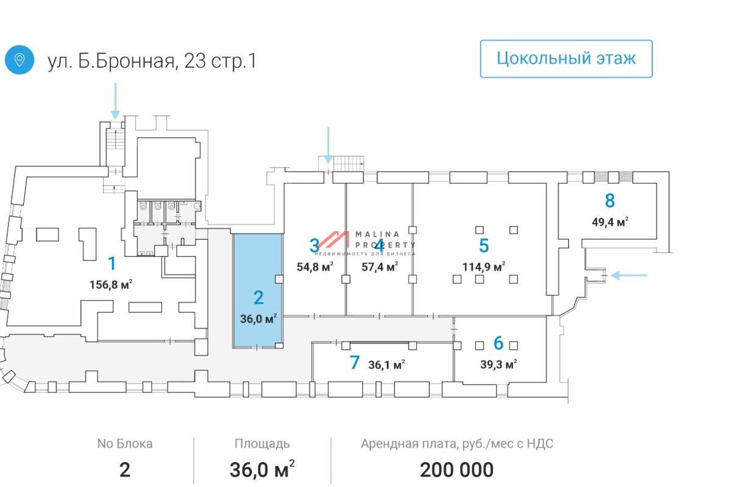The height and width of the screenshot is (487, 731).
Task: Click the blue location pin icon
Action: (19, 60)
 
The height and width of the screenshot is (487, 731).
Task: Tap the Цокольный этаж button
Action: (566, 58)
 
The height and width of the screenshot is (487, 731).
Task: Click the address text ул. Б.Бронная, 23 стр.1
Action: (152, 61)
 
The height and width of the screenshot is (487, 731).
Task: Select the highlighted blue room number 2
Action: (258, 298)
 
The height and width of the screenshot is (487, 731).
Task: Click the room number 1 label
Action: (111, 264)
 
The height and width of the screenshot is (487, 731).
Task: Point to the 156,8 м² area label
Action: (111, 283)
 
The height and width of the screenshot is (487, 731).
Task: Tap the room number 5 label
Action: (484, 246)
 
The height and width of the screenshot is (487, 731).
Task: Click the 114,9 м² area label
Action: (484, 267)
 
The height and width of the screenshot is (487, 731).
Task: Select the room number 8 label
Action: (609, 200)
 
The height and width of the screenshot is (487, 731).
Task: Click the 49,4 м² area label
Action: (610, 222)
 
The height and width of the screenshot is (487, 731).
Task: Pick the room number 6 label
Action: (498, 343)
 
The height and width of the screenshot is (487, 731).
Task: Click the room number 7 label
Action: (355, 363)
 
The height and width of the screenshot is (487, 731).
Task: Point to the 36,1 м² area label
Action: (387, 365)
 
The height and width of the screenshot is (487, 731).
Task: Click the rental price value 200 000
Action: (456, 469)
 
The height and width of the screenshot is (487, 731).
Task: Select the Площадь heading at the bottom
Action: (262, 444)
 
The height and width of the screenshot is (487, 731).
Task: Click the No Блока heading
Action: (125, 444)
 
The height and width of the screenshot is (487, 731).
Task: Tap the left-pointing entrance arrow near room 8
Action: (629, 276)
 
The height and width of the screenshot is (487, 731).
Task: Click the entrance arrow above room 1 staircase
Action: (115, 100)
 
